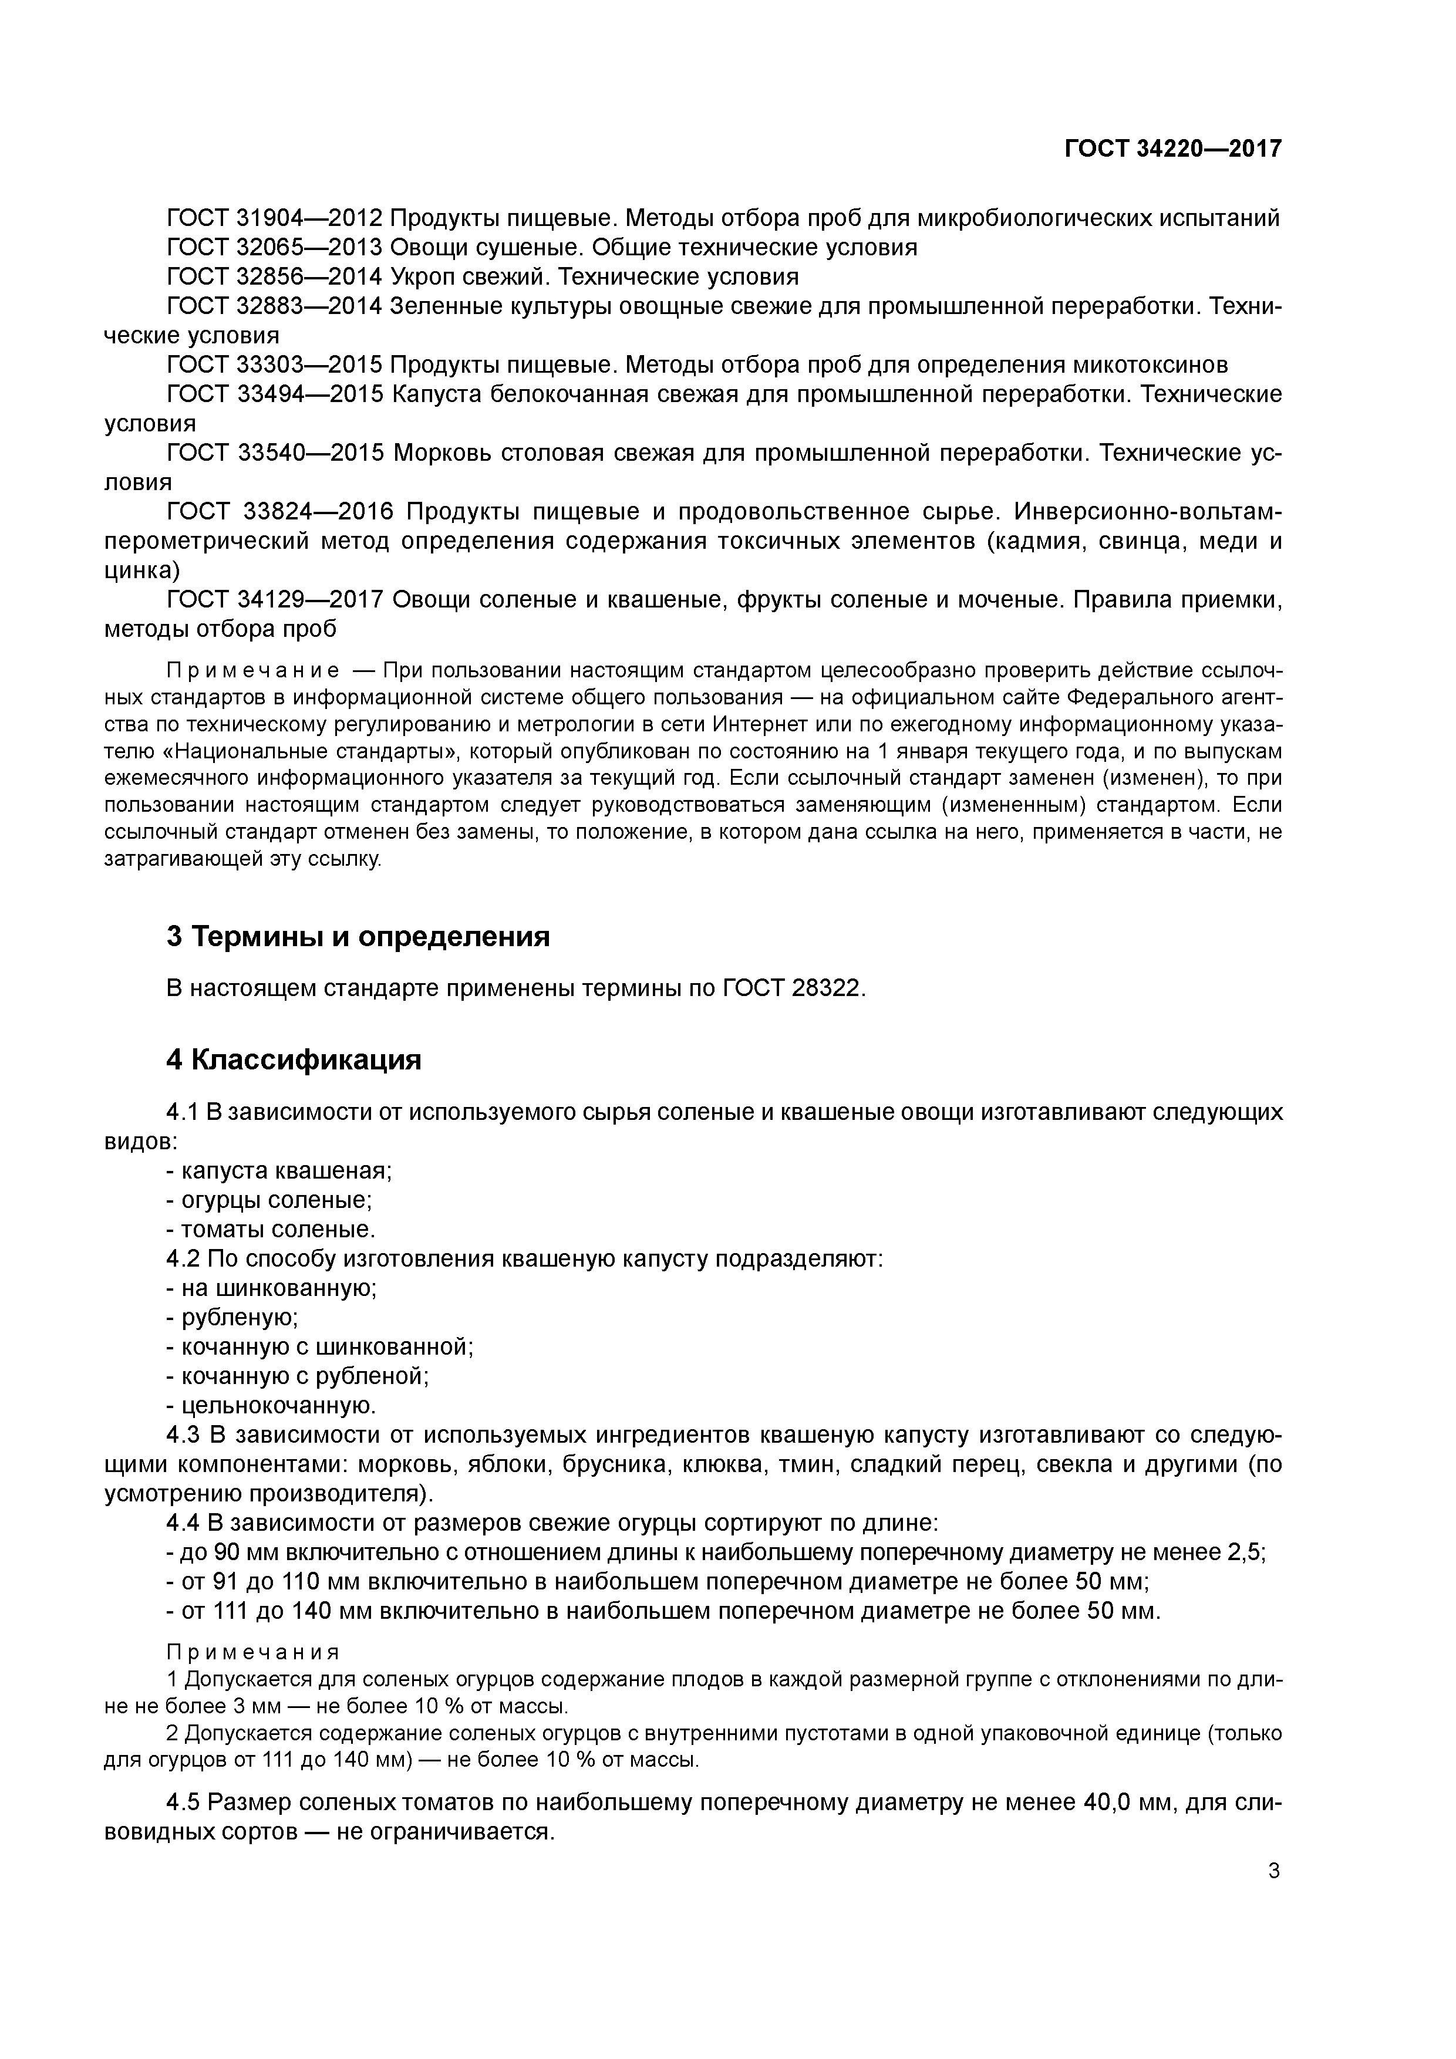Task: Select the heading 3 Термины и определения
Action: tap(358, 937)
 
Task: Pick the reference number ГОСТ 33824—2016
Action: tap(281, 512)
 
